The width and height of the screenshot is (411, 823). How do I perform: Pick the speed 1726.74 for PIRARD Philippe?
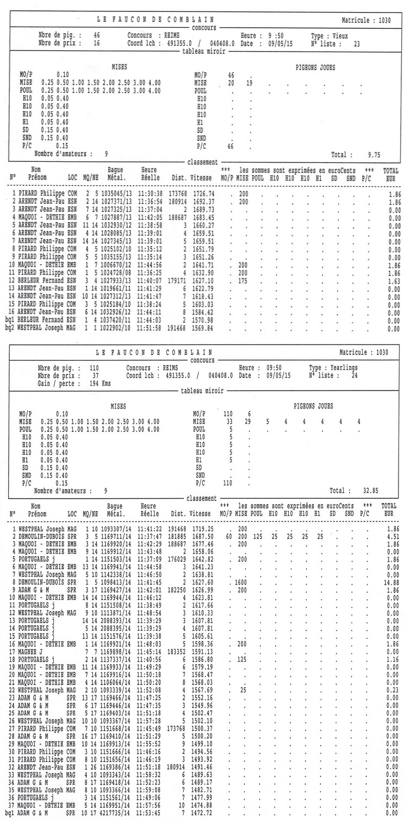click(x=202, y=193)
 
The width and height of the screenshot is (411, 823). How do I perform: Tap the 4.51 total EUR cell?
click(x=390, y=536)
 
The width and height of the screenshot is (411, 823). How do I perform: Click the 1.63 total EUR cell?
click(x=390, y=281)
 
